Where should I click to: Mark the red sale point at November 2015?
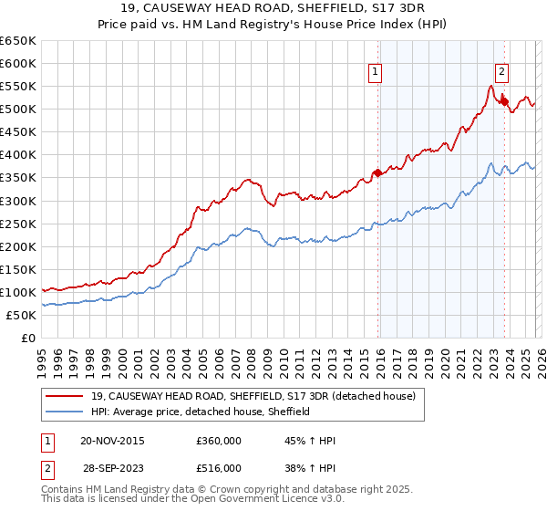coord(377,172)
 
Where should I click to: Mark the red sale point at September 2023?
coord(503,101)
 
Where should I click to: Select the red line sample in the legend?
coord(66,396)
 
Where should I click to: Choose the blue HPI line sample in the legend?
coord(66,412)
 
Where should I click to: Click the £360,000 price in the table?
coord(218,441)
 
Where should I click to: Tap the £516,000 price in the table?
coord(218,467)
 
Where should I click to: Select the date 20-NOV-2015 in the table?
coord(112,441)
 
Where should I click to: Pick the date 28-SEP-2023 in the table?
coord(111,467)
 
